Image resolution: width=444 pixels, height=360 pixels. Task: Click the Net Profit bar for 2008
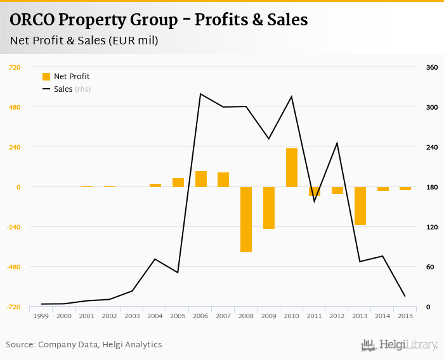tap(246, 219)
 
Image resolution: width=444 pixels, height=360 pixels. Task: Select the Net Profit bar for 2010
tap(292, 167)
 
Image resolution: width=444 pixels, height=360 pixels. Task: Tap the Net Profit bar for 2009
tap(269, 207)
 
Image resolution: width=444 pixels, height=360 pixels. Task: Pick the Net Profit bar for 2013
tap(360, 205)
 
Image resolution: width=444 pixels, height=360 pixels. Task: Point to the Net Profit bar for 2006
tap(201, 179)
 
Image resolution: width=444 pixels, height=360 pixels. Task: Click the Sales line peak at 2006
tap(200, 94)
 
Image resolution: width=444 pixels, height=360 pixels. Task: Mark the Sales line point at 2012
tap(337, 143)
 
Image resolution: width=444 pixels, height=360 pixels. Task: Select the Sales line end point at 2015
tap(405, 297)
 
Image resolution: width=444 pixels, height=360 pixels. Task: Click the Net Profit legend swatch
tap(46, 77)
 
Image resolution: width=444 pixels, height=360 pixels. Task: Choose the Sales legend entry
tap(63, 89)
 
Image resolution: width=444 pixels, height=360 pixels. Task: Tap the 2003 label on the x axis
tap(132, 316)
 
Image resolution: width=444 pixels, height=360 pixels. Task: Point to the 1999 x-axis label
tap(41, 316)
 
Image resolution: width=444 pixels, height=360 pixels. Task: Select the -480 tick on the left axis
tap(13, 267)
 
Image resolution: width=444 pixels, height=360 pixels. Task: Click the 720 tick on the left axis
tap(15, 67)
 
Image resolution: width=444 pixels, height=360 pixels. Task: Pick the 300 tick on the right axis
tap(432, 107)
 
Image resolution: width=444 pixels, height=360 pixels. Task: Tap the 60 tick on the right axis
tap(430, 267)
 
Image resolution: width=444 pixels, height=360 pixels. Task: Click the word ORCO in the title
tap(32, 20)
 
